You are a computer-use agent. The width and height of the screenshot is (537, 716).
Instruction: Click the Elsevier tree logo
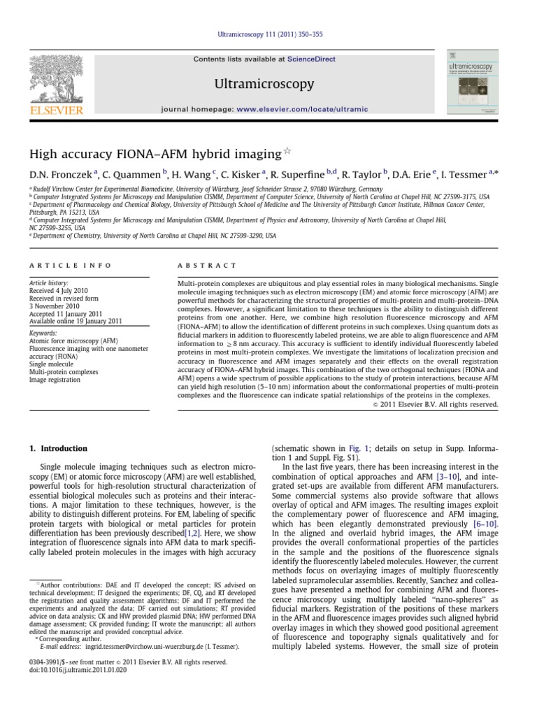pyautogui.click(x=57, y=78)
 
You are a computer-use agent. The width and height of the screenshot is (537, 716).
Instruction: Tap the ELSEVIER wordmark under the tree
pyautogui.click(x=57, y=110)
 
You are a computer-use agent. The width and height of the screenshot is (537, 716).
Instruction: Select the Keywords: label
pyautogui.click(x=43, y=334)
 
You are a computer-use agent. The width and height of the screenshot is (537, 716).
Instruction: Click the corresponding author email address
pyautogui.click(x=145, y=647)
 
